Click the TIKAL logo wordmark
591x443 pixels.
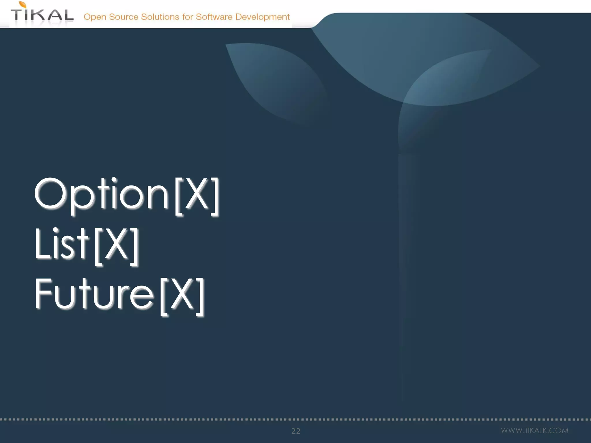42,15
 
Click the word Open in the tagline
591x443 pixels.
95,17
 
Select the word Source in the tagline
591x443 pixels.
124,17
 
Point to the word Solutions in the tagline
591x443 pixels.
160,17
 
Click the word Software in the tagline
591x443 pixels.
214,17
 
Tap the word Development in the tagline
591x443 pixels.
262,17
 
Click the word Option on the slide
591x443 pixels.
102,194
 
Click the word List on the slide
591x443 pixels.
61,244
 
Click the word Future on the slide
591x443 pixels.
94,294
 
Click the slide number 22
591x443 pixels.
296,431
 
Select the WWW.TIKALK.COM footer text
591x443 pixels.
534,430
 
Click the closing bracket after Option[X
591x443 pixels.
215,196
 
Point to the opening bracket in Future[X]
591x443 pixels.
164,296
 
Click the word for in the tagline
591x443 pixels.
187,17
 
